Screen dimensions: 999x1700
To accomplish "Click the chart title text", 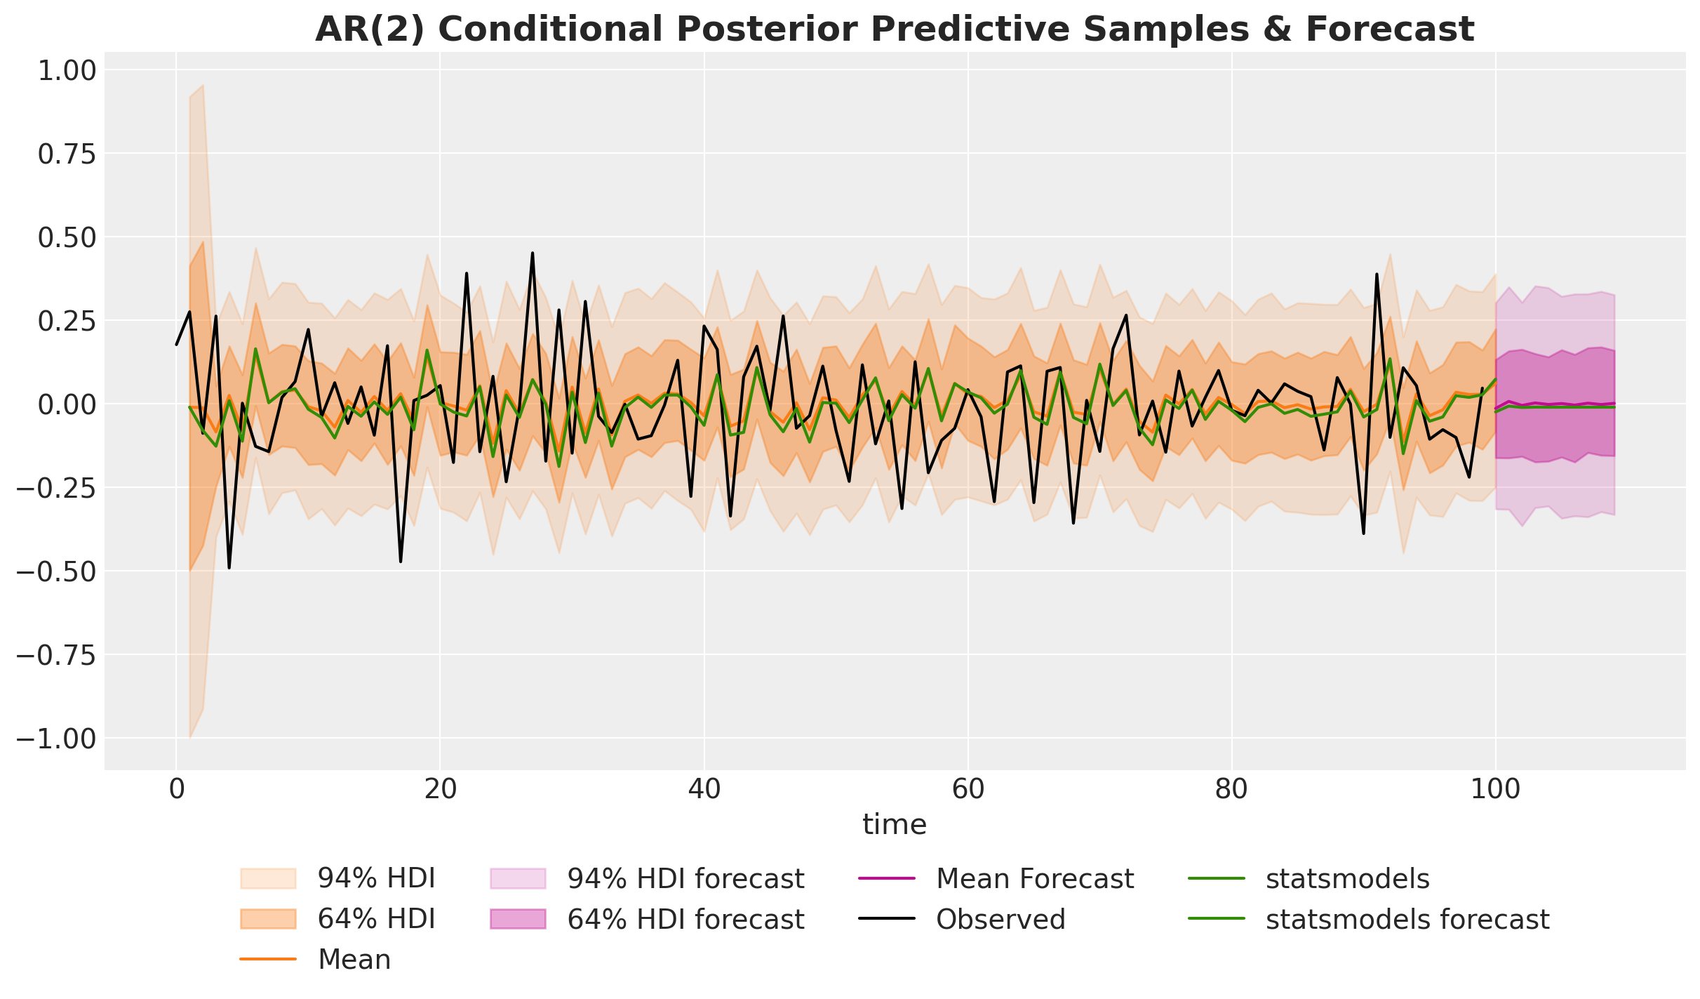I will click(895, 29).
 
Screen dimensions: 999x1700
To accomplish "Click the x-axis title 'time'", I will click(895, 824).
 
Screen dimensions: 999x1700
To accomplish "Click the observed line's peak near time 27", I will click(533, 253).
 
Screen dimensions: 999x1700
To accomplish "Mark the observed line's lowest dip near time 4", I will click(229, 567).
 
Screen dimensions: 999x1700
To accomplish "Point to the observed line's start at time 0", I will click(176, 344).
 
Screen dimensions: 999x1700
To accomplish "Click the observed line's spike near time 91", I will click(1377, 274).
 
